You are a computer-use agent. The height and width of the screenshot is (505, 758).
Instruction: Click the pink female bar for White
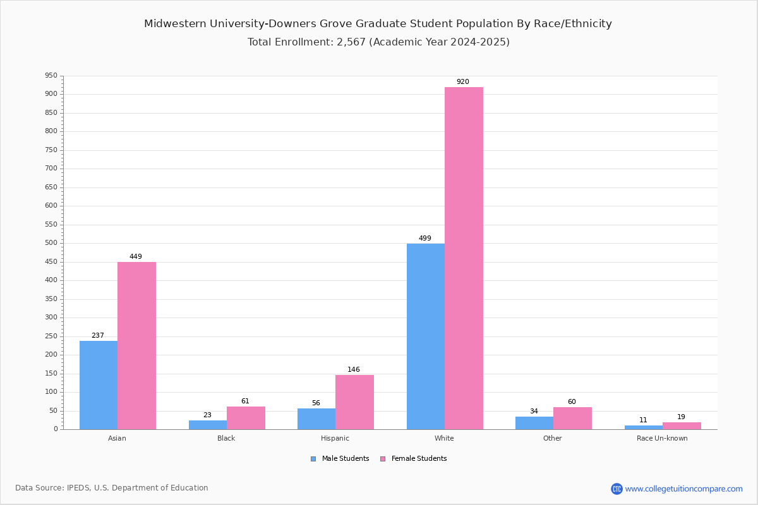[464, 258]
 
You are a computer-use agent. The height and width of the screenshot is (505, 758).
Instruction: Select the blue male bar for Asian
[99, 385]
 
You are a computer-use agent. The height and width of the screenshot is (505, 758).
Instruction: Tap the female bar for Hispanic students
[354, 402]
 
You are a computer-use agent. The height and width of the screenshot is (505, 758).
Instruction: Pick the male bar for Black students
[207, 425]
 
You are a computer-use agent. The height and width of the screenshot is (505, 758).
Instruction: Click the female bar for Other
[572, 418]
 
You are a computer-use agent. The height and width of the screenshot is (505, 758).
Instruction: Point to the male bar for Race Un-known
[644, 427]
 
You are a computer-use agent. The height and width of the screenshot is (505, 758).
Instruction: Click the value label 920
[463, 82]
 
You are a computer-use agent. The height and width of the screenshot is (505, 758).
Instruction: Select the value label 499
[425, 239]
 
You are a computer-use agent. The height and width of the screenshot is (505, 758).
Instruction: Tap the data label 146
[354, 370]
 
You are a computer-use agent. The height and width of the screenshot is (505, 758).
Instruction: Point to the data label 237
[98, 336]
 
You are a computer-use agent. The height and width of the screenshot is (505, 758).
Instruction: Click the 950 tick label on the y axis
[51, 76]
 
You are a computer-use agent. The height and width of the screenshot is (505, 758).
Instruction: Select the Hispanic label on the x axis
[335, 438]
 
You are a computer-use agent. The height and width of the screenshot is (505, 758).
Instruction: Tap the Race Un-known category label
[662, 438]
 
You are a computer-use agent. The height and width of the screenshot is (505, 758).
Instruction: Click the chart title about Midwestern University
[378, 24]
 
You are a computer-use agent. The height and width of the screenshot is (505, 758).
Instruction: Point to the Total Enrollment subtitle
[378, 42]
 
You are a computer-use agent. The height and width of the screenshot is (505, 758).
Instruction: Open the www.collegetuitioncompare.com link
[683, 489]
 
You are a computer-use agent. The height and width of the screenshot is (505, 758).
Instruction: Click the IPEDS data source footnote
[112, 488]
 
